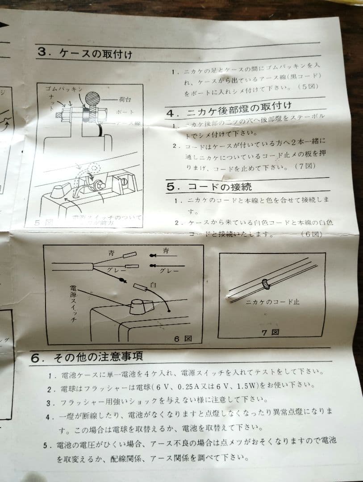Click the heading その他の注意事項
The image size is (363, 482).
[98, 357]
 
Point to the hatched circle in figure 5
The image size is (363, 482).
[94, 98]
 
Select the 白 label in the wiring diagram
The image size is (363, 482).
[153, 284]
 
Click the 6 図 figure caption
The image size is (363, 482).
[183, 338]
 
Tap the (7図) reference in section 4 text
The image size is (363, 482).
[305, 166]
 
